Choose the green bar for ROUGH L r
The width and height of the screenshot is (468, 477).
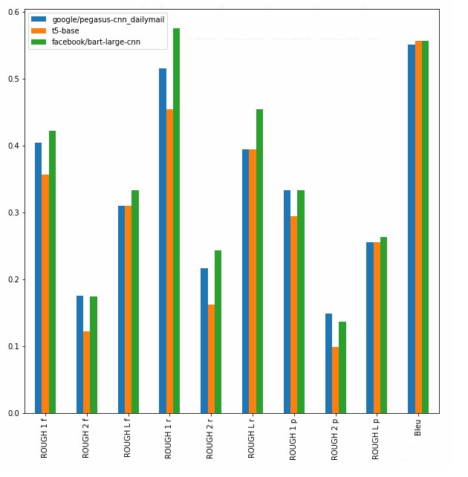tap(259, 261)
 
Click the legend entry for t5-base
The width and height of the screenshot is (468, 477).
tap(65, 30)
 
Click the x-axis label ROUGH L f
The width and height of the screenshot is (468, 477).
tap(128, 439)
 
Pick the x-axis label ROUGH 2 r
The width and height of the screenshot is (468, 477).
tap(211, 439)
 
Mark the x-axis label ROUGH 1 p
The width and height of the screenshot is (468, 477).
tap(294, 439)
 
